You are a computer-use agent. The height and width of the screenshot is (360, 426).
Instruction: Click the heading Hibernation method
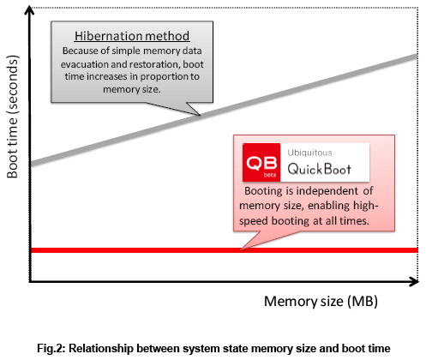tap(132, 36)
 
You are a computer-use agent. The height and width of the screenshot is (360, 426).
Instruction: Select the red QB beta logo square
tap(261, 162)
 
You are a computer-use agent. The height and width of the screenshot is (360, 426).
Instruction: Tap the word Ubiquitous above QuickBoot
tap(309, 153)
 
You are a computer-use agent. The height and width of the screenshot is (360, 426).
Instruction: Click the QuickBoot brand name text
tap(319, 169)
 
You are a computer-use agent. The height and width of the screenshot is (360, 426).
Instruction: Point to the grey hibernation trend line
tap(224, 110)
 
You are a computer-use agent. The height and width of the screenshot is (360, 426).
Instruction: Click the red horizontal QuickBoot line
tap(224, 250)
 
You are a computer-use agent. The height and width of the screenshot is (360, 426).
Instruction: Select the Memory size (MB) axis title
tap(321, 302)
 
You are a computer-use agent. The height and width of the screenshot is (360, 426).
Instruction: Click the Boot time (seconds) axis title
tap(13, 117)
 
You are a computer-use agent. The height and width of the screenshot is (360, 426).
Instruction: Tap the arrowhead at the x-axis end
tap(415, 282)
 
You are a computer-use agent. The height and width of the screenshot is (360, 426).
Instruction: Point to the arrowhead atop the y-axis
tap(29, 10)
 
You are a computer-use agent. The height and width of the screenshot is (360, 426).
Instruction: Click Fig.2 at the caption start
tap(51, 349)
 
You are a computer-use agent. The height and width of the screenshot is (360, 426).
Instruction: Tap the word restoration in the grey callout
tap(155, 64)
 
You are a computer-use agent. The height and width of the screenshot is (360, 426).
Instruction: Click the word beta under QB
tap(270, 175)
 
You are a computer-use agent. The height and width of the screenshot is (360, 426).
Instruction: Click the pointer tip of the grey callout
tap(200, 115)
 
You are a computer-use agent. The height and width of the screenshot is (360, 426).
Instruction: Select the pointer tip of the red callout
tap(242, 249)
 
